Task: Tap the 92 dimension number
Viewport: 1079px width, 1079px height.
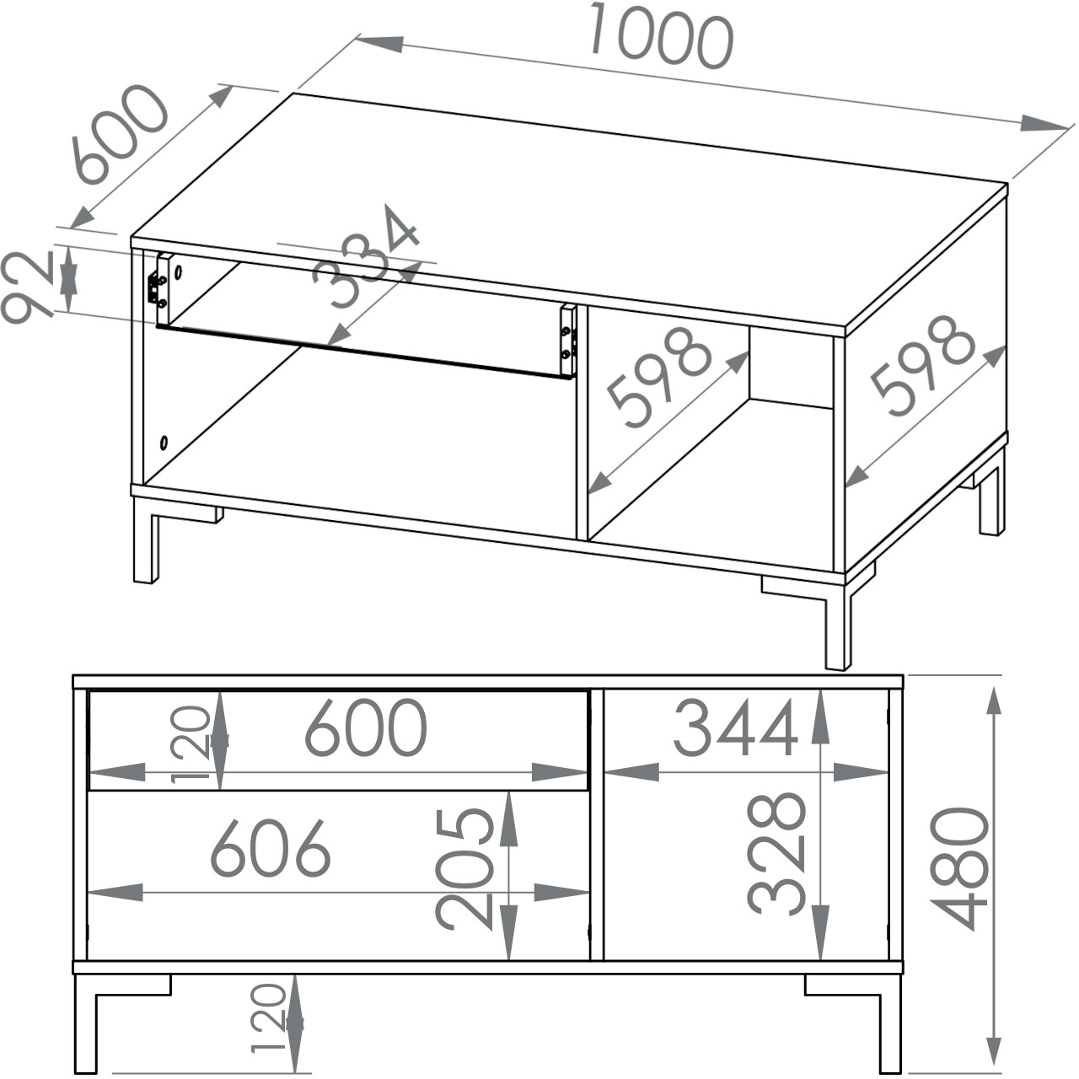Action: [x=28, y=287]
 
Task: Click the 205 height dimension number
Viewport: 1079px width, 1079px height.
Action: [x=464, y=877]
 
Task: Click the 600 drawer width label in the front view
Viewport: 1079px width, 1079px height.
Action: [x=366, y=727]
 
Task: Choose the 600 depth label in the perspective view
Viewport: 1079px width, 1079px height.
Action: [x=121, y=134]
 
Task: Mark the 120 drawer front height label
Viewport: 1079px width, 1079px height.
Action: [x=191, y=744]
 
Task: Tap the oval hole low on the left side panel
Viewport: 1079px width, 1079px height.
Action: [x=164, y=443]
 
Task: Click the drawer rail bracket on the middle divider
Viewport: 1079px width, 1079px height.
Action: [x=569, y=341]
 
